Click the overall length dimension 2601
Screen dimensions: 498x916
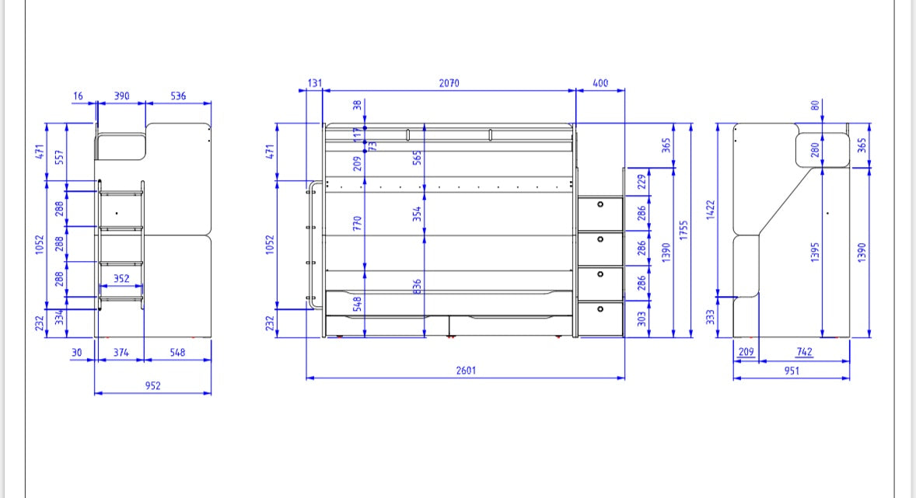click(465, 371)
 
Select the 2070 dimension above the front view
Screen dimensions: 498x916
click(449, 83)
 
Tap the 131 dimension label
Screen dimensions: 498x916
click(315, 83)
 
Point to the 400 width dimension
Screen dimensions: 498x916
click(600, 83)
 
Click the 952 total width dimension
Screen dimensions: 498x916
click(152, 385)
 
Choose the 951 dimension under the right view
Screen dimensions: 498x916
click(792, 371)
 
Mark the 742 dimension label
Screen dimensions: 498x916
click(804, 352)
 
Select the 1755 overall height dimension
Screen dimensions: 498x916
click(684, 231)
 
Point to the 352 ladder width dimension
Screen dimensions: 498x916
click(121, 277)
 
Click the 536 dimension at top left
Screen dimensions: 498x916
click(178, 96)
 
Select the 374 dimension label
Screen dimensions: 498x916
click(120, 352)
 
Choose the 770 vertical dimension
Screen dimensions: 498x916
click(358, 225)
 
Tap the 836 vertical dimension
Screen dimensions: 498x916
click(418, 287)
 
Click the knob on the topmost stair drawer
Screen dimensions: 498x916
click(600, 204)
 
